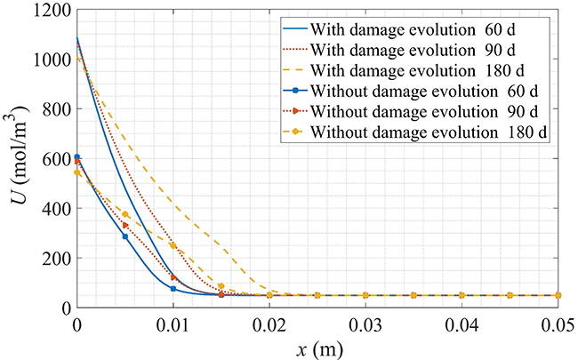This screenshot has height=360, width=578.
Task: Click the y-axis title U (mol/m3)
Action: [17, 157]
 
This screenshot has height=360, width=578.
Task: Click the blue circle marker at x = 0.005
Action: [125, 236]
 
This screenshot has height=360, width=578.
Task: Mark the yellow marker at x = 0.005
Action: [125, 214]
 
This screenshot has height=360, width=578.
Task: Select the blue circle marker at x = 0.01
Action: [173, 289]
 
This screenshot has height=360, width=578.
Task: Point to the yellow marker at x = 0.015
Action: [221, 286]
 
